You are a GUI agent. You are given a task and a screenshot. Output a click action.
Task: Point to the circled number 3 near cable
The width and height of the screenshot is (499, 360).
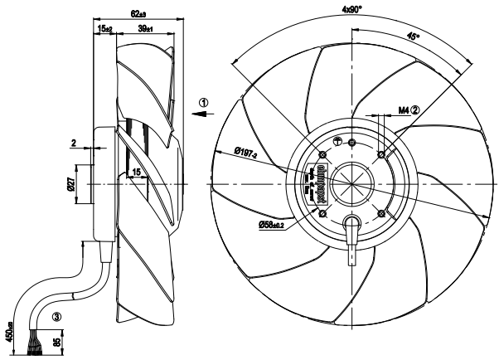pyautogui.click(x=56, y=317)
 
